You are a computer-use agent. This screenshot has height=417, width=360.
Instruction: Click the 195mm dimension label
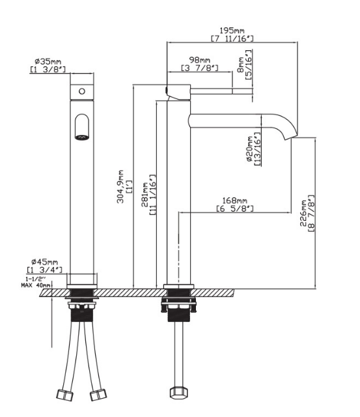pos(232,30)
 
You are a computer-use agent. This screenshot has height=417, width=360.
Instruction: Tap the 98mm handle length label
pos(199,59)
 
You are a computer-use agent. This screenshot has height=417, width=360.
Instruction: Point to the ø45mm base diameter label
pos(44,262)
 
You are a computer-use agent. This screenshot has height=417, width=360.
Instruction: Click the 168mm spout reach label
pos(234,200)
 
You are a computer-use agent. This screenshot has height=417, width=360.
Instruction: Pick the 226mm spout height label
pos(303,213)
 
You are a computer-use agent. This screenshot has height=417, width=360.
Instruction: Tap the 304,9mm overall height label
pos(120,186)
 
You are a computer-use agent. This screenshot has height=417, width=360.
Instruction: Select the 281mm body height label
pos(145,195)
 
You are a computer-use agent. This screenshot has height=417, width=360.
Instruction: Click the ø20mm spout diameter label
pos(250,149)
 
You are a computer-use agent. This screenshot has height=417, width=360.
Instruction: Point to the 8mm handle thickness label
pos(240,65)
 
